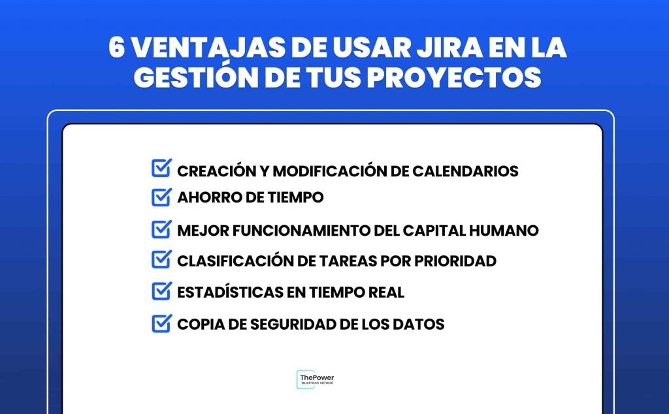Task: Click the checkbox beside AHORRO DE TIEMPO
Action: coord(162,197)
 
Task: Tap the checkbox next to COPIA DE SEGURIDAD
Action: coord(162,323)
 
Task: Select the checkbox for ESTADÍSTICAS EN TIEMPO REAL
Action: coord(162,291)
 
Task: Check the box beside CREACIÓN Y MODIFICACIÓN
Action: coord(162,168)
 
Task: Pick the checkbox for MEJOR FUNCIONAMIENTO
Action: coord(162,229)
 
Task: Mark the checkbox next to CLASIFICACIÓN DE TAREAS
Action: coord(162,259)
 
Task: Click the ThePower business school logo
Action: coord(316,379)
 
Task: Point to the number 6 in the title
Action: coord(116,47)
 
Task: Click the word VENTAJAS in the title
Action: coord(208,48)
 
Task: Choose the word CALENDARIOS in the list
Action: coord(465,171)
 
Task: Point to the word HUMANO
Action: coord(504,231)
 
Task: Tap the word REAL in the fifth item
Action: coord(386,293)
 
